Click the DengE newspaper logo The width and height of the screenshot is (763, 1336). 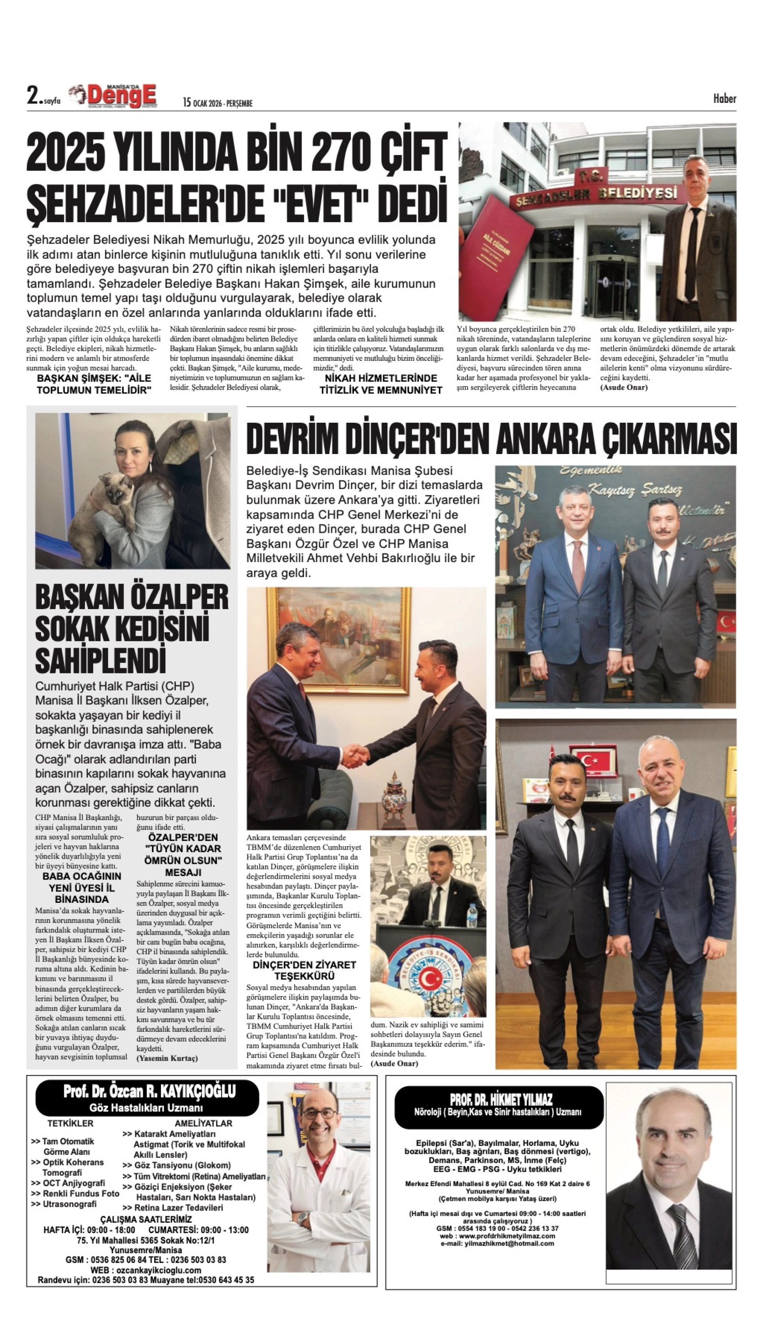pos(122,96)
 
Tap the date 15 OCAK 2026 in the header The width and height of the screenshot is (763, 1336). pos(218,103)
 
